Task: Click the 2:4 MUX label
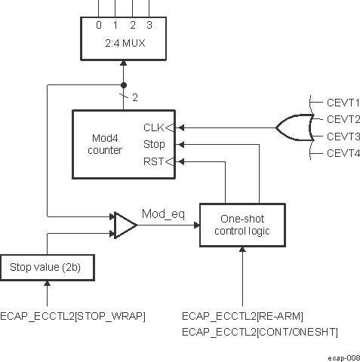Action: point(125,42)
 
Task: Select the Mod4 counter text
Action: point(105,144)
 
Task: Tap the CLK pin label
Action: point(152,127)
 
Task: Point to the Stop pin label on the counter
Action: point(153,144)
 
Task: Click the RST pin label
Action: point(152,161)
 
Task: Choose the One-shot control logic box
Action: point(242,225)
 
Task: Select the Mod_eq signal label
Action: point(163,214)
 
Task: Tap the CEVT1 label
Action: point(343,102)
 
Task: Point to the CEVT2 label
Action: point(343,119)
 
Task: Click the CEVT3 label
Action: point(343,137)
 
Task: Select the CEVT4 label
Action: point(343,154)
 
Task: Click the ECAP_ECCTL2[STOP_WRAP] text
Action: point(73,315)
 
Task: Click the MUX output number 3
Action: point(149,24)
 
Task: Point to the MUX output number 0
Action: point(99,24)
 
